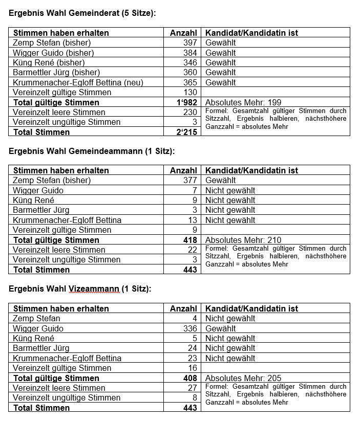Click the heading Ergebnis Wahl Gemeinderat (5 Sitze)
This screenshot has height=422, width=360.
click(x=82, y=13)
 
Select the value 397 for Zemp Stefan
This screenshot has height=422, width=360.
click(x=190, y=42)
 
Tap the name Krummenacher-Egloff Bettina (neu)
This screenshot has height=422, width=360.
click(x=78, y=82)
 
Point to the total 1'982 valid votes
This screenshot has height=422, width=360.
click(x=186, y=102)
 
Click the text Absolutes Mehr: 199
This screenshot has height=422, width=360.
click(x=243, y=102)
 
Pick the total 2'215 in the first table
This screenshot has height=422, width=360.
click(x=186, y=132)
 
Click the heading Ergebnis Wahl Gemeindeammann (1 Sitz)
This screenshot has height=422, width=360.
click(x=92, y=151)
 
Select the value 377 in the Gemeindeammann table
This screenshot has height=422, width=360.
click(x=190, y=180)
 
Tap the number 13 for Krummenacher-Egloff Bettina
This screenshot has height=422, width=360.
click(x=193, y=220)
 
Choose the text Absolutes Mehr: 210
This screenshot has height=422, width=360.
click(x=243, y=240)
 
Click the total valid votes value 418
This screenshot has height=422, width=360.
click(x=190, y=240)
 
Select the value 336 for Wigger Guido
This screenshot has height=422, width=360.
click(x=190, y=328)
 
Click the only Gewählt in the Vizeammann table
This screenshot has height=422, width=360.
click(x=221, y=328)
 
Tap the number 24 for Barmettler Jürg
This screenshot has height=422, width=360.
click(x=193, y=348)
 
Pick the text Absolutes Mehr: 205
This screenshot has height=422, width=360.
click(x=243, y=378)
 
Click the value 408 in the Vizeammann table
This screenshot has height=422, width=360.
click(x=190, y=378)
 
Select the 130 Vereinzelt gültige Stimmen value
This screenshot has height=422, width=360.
click(x=190, y=92)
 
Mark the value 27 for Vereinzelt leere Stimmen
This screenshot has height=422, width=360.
click(x=193, y=388)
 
